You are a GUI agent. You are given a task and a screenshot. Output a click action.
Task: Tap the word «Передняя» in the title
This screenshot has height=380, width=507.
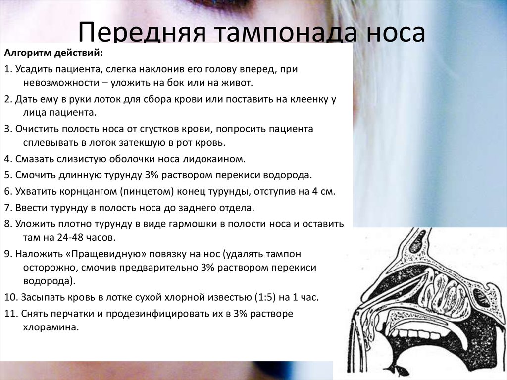[142, 32]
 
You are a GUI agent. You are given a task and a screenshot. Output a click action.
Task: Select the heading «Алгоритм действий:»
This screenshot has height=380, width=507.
[53, 53]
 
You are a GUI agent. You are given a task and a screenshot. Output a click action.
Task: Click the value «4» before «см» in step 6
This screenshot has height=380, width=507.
[315, 192]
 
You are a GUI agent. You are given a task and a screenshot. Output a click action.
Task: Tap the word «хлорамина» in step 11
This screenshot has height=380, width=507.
[51, 327]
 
